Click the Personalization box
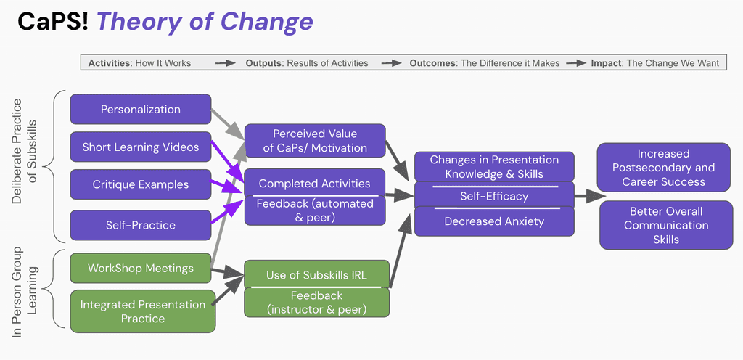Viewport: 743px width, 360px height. tap(141, 110)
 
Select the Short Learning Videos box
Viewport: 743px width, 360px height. tap(141, 147)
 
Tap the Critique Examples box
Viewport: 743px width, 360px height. tap(141, 184)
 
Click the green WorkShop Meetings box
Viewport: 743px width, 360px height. tap(141, 269)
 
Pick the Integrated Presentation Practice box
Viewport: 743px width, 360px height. tap(143, 311)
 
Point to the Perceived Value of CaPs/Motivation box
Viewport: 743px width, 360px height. tap(315, 141)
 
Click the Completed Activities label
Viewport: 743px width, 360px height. tap(314, 184)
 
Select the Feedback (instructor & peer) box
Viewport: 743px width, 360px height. tap(316, 303)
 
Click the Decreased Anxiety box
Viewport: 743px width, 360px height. tap(494, 221)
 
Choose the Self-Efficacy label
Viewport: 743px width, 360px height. tap(494, 196)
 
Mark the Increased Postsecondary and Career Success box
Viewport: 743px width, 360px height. tap(664, 168)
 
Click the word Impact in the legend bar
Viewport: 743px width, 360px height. tap(607, 63)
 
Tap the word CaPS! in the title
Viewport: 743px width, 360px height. tap(52, 22)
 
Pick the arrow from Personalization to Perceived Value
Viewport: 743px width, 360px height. tap(227, 124)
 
